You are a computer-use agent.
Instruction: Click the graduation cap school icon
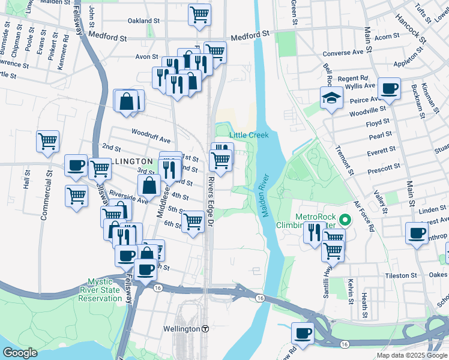pos(331,98)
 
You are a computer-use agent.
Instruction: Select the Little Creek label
pos(249,135)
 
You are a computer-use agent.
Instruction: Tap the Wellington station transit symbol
pos(205,329)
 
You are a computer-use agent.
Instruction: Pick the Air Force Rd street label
pos(364,216)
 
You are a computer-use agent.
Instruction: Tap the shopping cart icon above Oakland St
pos(199,14)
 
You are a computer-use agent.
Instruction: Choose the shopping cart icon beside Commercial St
pos(47,142)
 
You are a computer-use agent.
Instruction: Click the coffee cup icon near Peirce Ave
pos(389,88)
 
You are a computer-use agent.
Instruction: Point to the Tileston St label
pos(400,275)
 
